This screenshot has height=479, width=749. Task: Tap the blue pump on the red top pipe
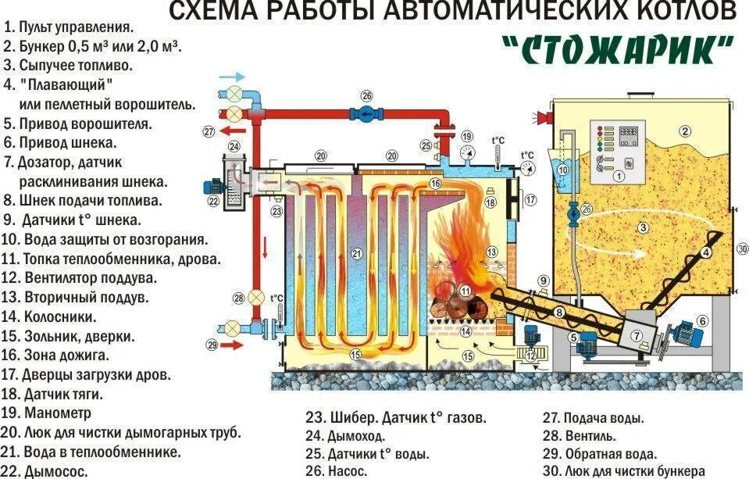[366, 114]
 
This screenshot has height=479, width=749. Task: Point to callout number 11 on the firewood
[466, 291]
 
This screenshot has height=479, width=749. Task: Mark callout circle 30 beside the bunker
[741, 249]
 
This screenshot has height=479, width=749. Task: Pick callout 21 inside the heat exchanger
[357, 253]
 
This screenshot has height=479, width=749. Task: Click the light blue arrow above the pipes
[232, 77]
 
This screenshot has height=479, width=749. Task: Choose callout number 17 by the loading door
[531, 200]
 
